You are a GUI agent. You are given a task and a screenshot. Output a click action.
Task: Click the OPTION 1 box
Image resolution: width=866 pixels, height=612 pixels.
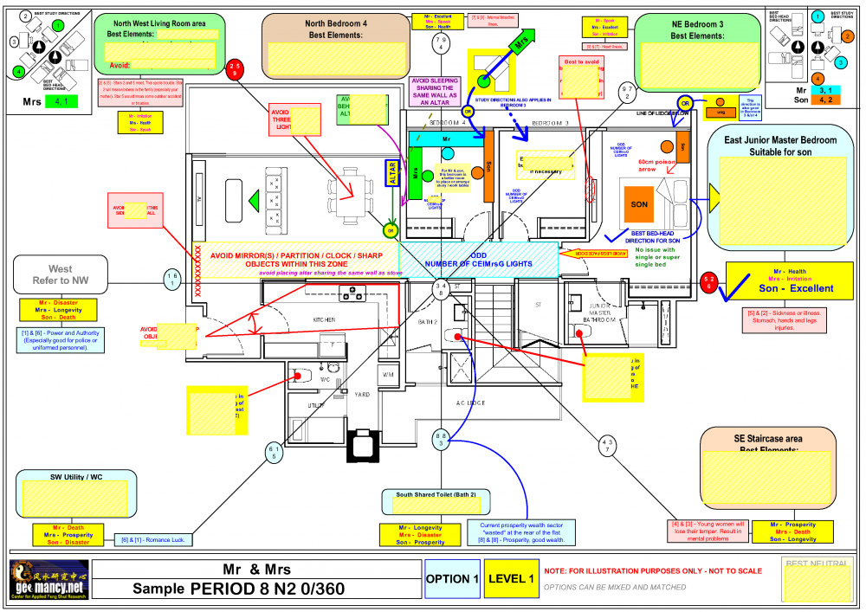451,578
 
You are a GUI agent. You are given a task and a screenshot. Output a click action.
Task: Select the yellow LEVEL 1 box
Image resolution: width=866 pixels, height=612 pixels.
510,578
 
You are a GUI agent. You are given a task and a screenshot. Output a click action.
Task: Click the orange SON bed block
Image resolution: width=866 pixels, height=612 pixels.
639,204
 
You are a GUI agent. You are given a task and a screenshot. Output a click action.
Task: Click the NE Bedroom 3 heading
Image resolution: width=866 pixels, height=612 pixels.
697,29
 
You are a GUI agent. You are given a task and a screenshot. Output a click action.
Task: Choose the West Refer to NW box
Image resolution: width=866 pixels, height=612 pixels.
60,274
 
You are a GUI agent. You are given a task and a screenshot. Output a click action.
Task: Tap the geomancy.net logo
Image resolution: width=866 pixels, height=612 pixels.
47,579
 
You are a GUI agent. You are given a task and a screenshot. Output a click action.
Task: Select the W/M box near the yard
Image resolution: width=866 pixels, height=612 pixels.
389,375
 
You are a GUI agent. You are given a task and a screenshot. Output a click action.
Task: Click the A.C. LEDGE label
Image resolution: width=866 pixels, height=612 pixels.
470,403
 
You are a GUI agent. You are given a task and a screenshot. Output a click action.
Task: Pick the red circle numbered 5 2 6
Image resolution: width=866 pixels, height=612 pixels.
709,283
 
